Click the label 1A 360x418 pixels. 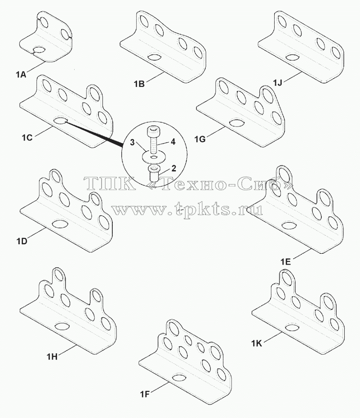tap(21, 75)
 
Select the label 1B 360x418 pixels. tap(139, 84)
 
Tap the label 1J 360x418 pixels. tap(277, 83)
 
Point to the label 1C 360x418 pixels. tap(27, 138)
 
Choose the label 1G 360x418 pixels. tap(200, 139)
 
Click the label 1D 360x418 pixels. tap(22, 242)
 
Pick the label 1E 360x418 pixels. tap(285, 262)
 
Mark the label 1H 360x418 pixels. tap(52, 357)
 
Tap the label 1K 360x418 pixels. tap(257, 344)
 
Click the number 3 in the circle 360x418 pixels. tap(132, 142)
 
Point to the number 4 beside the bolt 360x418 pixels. tap(173, 142)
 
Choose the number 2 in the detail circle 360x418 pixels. tap(173, 168)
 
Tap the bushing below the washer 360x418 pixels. tap(153, 173)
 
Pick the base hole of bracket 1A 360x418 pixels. tap(39, 50)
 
